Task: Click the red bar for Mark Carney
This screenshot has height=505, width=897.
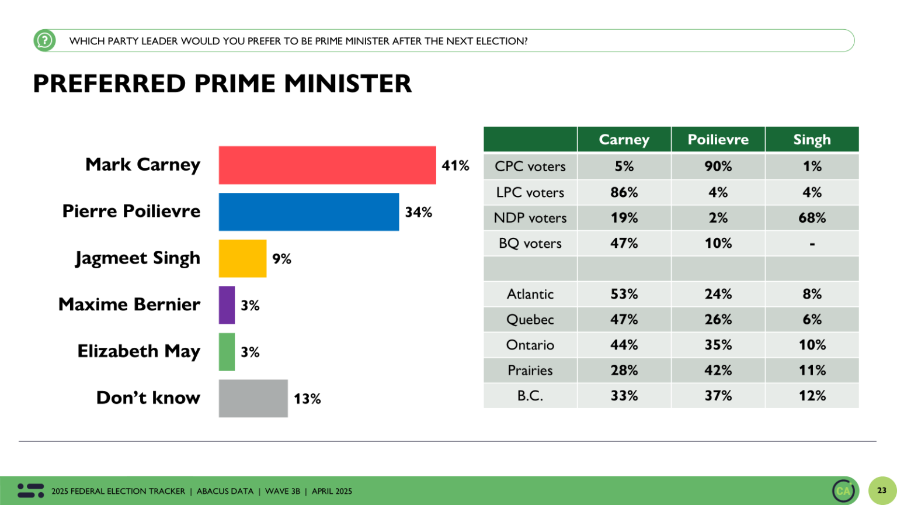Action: click(x=327, y=165)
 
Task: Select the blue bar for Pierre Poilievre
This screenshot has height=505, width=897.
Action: click(x=308, y=212)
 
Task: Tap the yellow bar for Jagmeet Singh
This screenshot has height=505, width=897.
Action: click(x=242, y=258)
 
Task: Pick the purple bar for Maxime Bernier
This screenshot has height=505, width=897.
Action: click(x=227, y=305)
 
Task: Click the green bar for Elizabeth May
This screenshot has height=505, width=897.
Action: click(x=227, y=352)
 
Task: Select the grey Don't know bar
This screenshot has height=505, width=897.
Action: click(x=253, y=399)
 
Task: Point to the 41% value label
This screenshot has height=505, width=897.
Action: click(x=456, y=165)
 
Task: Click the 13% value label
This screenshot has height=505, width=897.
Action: click(x=307, y=399)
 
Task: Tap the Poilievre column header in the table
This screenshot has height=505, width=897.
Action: click(x=718, y=140)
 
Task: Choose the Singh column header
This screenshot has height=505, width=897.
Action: click(x=812, y=140)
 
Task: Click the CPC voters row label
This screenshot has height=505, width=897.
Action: click(x=530, y=167)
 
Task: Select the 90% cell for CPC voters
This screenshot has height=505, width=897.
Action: click(x=718, y=167)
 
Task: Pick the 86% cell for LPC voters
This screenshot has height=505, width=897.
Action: click(x=624, y=192)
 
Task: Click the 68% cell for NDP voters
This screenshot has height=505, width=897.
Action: click(x=812, y=218)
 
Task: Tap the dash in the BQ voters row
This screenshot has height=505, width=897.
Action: click(x=812, y=244)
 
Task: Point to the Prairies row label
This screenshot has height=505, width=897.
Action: click(x=530, y=371)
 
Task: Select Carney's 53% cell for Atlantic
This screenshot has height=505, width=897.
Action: click(x=624, y=294)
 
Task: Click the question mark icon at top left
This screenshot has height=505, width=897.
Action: click(x=44, y=41)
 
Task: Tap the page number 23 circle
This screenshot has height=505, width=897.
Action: click(x=882, y=490)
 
